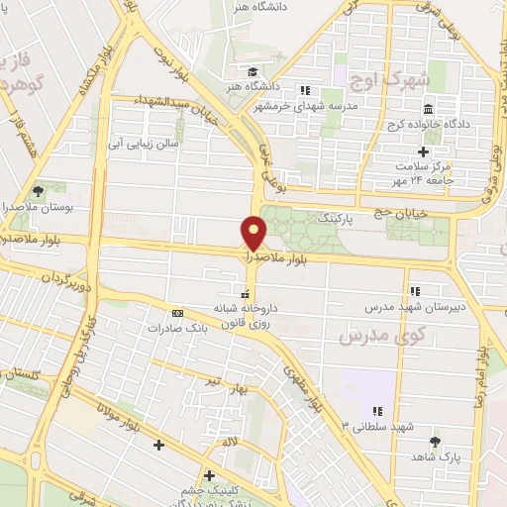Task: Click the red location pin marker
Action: point(254,233)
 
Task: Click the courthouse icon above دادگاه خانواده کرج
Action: point(428,109)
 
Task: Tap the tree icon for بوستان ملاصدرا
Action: point(38,189)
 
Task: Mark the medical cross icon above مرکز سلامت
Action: point(424,152)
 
